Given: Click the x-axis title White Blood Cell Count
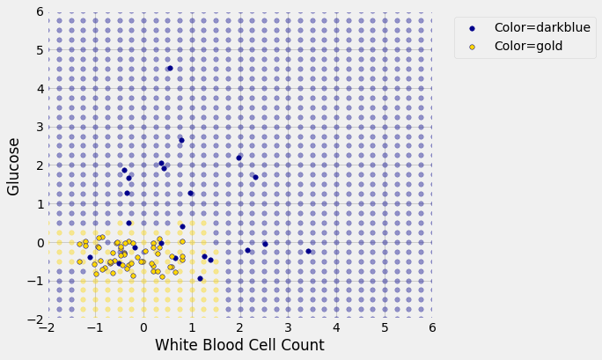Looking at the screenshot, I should (239, 345).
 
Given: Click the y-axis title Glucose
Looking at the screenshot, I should (14, 165).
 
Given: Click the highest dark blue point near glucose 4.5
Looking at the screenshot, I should (170, 68).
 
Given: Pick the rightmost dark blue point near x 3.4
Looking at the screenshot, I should (308, 251).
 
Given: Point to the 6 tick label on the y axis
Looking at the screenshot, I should (38, 11).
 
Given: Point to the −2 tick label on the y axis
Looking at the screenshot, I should (34, 320).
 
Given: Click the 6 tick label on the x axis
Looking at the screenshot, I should (432, 327).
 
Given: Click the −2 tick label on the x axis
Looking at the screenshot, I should (46, 327).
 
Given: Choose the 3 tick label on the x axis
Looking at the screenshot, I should (288, 327).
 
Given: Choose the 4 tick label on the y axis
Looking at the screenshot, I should (38, 88).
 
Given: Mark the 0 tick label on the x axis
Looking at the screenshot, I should (143, 327).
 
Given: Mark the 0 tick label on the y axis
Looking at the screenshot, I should (38, 242).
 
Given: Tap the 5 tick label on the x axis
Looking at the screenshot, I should (384, 327).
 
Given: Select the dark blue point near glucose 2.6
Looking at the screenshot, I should (181, 140).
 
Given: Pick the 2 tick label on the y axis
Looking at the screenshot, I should (38, 165).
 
